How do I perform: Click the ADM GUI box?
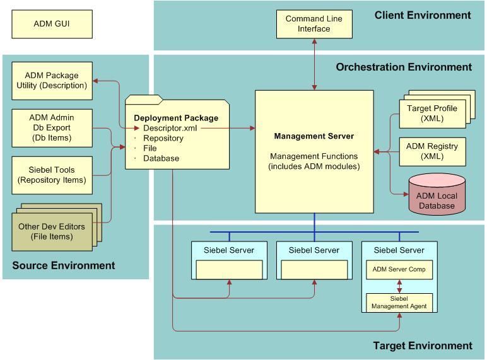click(x=52, y=24)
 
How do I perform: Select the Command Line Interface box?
click(x=314, y=24)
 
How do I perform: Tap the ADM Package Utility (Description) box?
click(x=52, y=81)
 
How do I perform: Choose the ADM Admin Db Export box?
click(x=52, y=128)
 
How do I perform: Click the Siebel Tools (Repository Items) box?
click(x=52, y=175)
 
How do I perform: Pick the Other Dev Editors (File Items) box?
click(x=52, y=231)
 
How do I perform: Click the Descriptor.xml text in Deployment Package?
click(x=170, y=128)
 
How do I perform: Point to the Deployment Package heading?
click(x=176, y=118)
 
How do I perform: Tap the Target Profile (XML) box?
click(x=432, y=113)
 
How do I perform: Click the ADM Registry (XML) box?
click(x=432, y=151)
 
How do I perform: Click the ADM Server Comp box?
click(x=399, y=270)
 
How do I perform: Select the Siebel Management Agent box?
click(x=399, y=302)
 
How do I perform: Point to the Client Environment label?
click(x=423, y=15)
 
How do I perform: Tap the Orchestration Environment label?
click(x=404, y=67)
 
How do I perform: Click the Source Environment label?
click(x=64, y=265)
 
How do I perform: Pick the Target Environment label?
click(x=423, y=345)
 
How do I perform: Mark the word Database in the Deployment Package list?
click(x=161, y=158)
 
